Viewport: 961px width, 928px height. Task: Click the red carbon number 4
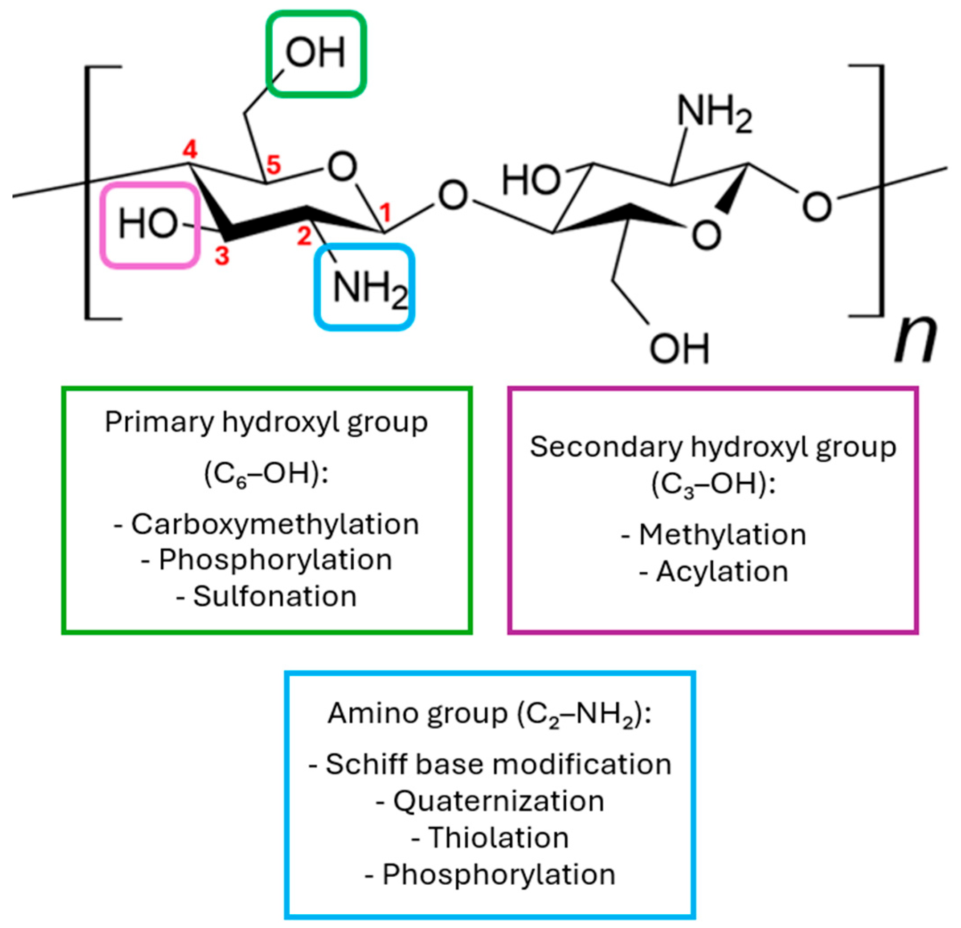(x=190, y=150)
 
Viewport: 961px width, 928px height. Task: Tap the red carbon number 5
(x=273, y=165)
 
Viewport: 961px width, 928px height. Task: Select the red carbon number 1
(x=385, y=213)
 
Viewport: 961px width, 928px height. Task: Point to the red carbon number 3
(x=222, y=255)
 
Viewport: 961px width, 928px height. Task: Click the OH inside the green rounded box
(x=316, y=53)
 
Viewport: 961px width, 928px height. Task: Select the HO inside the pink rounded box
(x=147, y=224)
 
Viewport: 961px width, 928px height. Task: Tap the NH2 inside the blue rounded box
(x=369, y=288)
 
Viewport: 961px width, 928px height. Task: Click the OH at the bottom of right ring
(x=679, y=349)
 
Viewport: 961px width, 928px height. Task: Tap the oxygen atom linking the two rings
(x=453, y=195)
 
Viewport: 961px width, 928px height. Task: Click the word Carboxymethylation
(x=274, y=524)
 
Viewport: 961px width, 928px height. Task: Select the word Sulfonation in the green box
(x=274, y=596)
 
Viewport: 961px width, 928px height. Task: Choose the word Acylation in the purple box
(x=722, y=571)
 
